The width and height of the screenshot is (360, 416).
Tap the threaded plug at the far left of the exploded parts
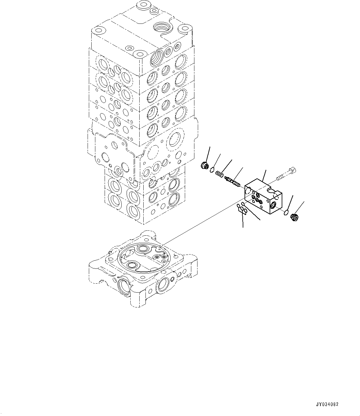204,166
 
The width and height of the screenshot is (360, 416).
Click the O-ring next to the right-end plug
286,212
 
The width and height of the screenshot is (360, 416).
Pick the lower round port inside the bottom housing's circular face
132,265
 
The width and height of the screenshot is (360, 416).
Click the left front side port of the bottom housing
124,285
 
